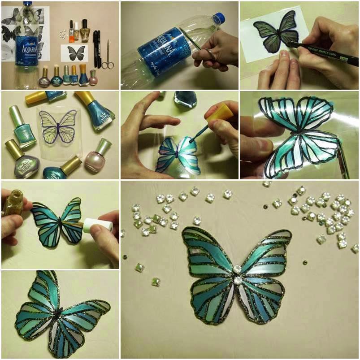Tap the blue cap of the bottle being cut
point(218,18)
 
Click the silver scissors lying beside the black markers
point(107,56)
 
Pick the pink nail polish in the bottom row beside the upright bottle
point(93,78)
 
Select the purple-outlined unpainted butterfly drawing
point(58,127)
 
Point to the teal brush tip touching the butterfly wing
point(191,140)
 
